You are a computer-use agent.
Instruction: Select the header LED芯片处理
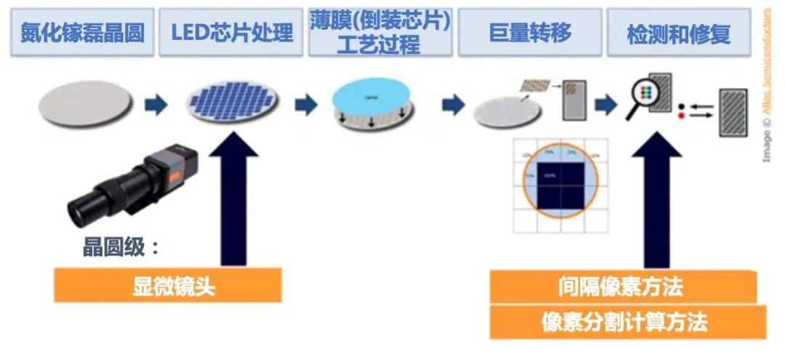(x=231, y=33)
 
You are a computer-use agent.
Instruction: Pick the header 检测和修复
(x=677, y=33)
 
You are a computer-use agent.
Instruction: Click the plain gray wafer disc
(x=85, y=103)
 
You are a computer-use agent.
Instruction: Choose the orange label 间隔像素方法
(x=623, y=286)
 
